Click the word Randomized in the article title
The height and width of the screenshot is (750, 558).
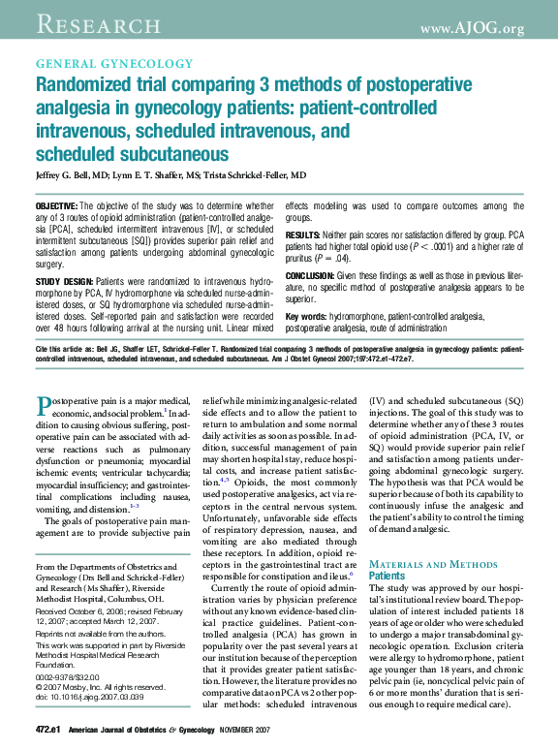tap(88, 84)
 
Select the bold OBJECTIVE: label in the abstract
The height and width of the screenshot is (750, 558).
tap(56, 207)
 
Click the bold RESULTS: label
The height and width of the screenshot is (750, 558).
tap(302, 235)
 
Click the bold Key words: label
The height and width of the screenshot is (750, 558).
tap(305, 317)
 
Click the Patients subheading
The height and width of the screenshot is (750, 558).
tap(392, 576)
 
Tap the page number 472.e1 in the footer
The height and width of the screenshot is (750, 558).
tap(47, 728)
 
